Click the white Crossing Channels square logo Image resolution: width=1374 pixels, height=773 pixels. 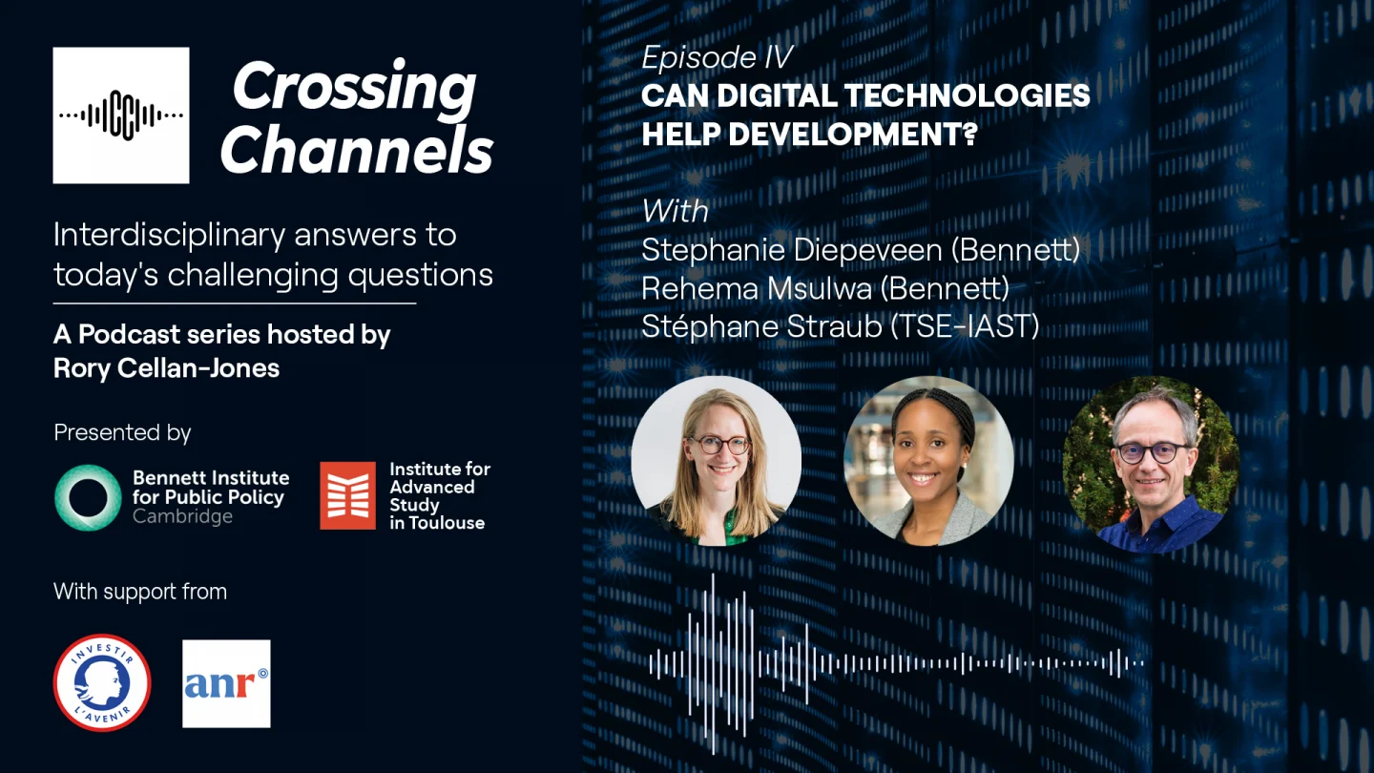pos(121,115)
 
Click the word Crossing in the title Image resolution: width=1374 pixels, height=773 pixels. pos(354,88)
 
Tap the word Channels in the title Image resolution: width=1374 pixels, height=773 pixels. pos(357,150)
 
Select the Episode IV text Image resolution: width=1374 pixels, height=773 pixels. pos(717,58)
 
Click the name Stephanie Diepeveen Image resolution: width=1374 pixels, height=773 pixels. pos(794,250)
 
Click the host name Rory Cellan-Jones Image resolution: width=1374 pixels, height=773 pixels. pos(167,368)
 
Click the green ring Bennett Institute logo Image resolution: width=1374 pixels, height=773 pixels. pos(88,497)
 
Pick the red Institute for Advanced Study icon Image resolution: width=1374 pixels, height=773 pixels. pos(347,495)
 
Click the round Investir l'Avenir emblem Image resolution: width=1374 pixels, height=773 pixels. pos(102,683)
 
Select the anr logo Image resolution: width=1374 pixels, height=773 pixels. pos(226,683)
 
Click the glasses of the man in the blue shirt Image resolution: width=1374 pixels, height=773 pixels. pos(1152,451)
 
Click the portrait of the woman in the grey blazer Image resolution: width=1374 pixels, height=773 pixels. pos(928,461)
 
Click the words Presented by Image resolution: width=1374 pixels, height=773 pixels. pos(122,432)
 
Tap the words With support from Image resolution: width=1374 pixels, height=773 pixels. pos(140,592)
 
